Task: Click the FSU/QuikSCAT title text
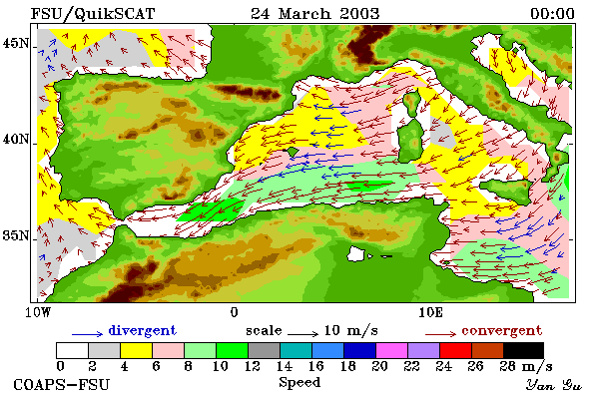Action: click(93, 14)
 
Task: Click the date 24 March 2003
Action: click(315, 14)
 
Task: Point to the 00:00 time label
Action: click(552, 14)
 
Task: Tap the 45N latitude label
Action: click(16, 44)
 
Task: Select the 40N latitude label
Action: click(16, 139)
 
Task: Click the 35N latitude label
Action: click(16, 235)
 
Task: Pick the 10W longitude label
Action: click(38, 312)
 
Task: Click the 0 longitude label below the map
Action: click(235, 312)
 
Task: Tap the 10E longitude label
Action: click(431, 312)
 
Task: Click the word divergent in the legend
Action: click(143, 330)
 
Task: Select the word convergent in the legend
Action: click(502, 330)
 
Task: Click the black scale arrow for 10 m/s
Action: click(302, 334)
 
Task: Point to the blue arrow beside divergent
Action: click(88, 334)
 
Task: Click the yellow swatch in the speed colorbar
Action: click(137, 350)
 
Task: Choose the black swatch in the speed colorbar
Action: click(523, 350)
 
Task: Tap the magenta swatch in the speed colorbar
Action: click(392, 350)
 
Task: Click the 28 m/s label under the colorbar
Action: click(526, 366)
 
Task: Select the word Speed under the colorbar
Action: click(299, 383)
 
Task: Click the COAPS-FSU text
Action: click(62, 384)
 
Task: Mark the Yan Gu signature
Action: click(553, 385)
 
